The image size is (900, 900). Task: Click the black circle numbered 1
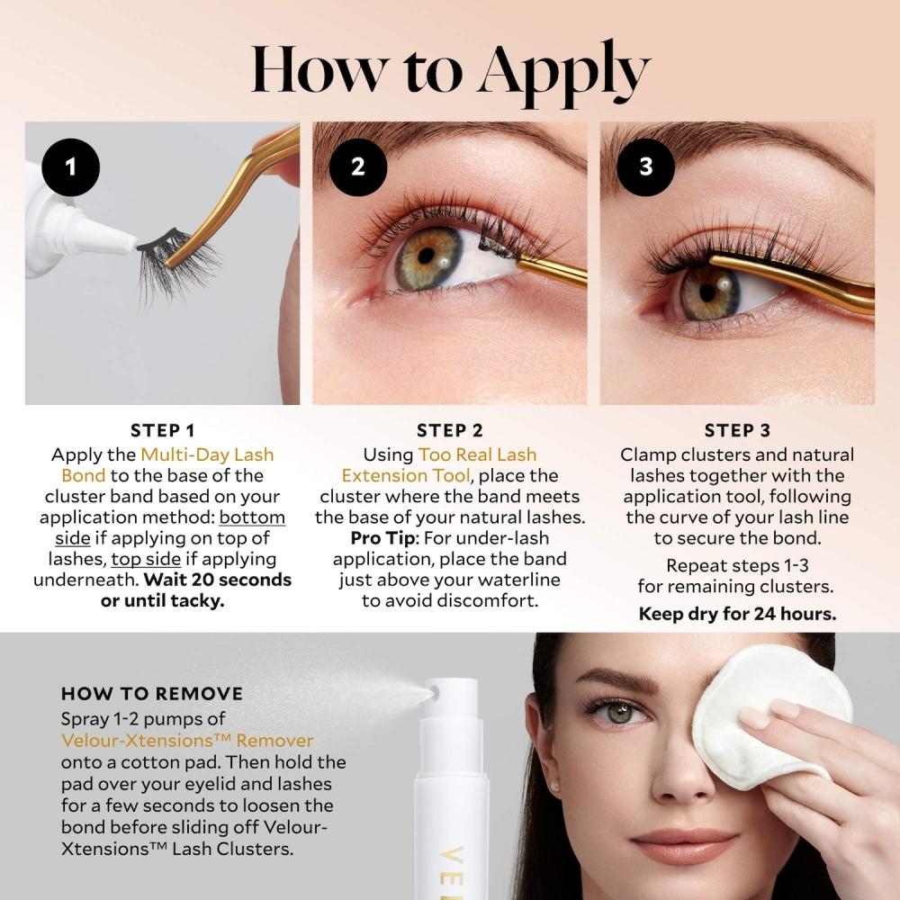coord(69,166)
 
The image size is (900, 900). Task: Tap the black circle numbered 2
coord(357,166)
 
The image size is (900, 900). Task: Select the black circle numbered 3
coord(645,166)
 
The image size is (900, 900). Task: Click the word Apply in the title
coord(563,70)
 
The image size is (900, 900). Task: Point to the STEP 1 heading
coord(162,430)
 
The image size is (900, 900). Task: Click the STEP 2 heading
coord(450,430)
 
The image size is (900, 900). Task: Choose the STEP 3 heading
coord(738,430)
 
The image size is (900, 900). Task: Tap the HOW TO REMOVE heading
coord(152,694)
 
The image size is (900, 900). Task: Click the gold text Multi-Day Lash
coord(207,454)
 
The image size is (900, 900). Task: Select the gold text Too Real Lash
coord(477,454)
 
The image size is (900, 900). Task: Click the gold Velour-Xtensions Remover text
coord(187,741)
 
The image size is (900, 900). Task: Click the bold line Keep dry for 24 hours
coord(738,615)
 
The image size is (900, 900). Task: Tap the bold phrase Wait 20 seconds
coord(218,579)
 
